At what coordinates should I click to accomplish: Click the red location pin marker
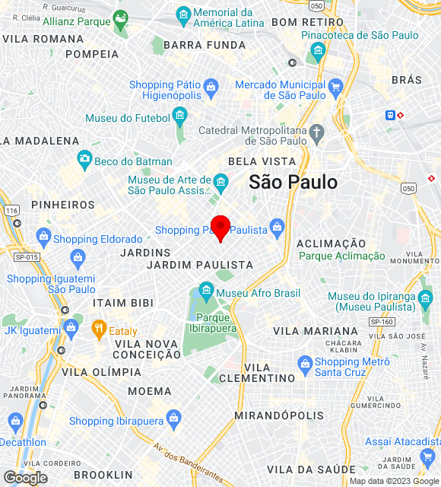[x=220, y=227]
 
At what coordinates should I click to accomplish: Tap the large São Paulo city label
[x=293, y=182]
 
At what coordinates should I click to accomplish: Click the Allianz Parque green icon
[x=120, y=18]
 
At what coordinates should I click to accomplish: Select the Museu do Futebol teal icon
[x=179, y=115]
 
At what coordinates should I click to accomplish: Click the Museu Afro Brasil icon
[x=205, y=291]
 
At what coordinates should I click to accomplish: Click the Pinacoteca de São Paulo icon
[x=318, y=50]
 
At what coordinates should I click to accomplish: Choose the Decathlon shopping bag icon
[x=15, y=422]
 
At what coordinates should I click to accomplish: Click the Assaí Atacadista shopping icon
[x=427, y=457]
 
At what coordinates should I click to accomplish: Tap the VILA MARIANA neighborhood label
[x=316, y=331]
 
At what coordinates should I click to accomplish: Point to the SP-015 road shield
[x=26, y=257]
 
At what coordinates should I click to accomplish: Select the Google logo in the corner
[x=25, y=477]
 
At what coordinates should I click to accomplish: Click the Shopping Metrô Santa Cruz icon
[x=305, y=362]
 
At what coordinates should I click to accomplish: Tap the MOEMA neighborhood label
[x=150, y=391]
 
